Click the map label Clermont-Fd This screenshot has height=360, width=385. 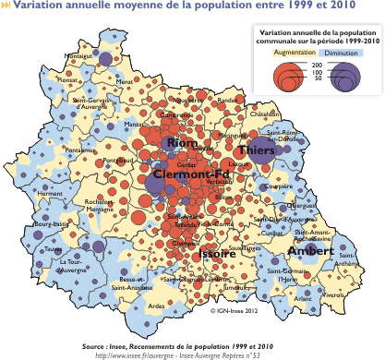(x=191, y=174)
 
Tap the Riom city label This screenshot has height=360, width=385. (x=180, y=144)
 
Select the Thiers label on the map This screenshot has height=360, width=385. (x=255, y=150)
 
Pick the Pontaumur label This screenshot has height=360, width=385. (x=80, y=150)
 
